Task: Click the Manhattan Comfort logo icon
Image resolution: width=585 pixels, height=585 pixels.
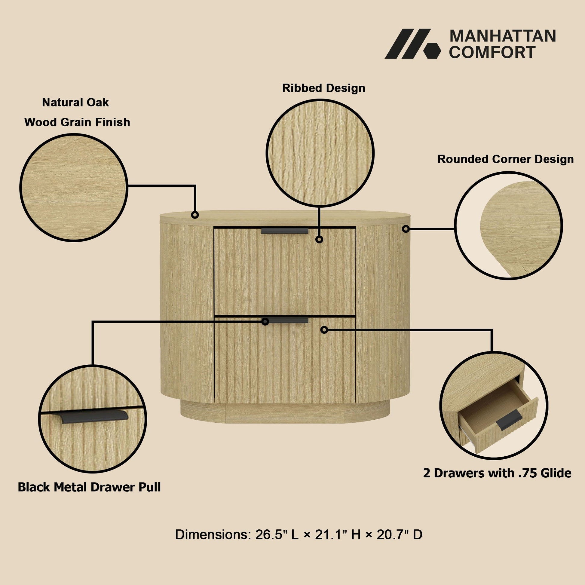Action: (413, 44)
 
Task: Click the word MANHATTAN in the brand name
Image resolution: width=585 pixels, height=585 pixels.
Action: (503, 36)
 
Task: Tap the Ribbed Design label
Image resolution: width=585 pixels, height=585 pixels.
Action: (324, 88)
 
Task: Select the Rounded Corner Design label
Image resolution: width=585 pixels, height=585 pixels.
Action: (505, 159)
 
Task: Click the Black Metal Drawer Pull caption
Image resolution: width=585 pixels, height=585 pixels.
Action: (89, 487)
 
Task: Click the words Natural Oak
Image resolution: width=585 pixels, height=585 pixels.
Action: (75, 102)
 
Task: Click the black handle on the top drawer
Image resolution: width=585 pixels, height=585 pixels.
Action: (285, 231)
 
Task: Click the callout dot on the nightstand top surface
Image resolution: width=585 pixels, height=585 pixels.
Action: (195, 215)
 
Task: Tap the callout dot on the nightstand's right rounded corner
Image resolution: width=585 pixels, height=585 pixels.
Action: (406, 229)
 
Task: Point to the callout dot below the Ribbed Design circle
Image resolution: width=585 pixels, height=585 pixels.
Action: (319, 240)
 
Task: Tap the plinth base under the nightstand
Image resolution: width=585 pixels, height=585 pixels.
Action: (285, 413)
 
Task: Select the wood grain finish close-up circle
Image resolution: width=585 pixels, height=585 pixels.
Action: (74, 187)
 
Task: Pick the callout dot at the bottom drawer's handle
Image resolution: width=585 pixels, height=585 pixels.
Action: (265, 322)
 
